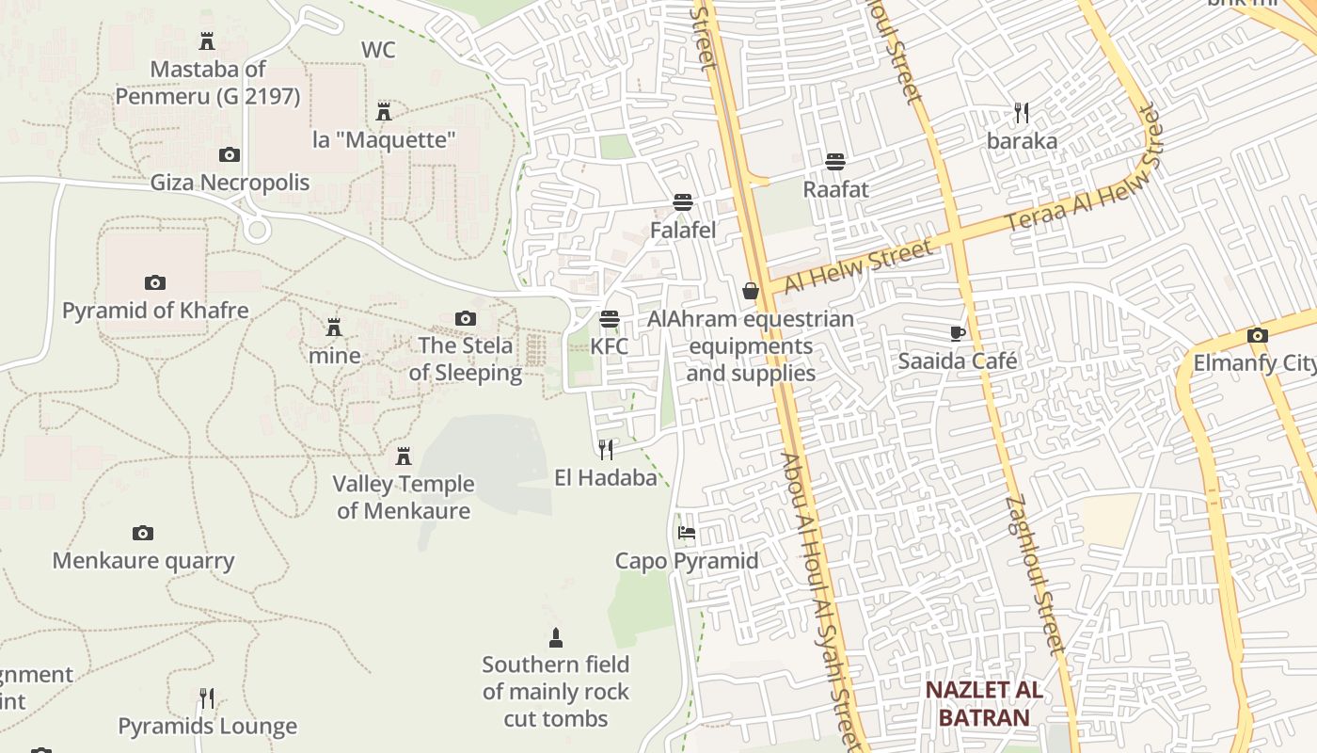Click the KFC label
click(x=609, y=346)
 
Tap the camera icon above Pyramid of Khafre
click(x=155, y=282)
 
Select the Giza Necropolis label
click(x=230, y=183)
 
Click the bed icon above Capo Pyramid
click(x=687, y=533)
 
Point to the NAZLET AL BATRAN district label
click(x=984, y=703)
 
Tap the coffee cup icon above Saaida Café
click(x=958, y=332)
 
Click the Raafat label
click(x=835, y=189)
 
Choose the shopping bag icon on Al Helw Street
click(x=751, y=291)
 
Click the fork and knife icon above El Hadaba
click(x=606, y=449)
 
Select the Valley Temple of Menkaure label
click(x=404, y=497)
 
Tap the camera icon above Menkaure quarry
click(x=143, y=534)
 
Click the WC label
click(x=378, y=50)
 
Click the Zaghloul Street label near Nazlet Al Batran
click(x=1035, y=574)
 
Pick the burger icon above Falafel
click(x=683, y=202)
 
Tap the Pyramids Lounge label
click(x=207, y=727)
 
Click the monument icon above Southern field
click(x=556, y=638)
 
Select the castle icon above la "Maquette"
click(x=384, y=112)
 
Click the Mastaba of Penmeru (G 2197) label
click(x=208, y=83)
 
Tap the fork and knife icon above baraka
click(x=1022, y=114)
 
